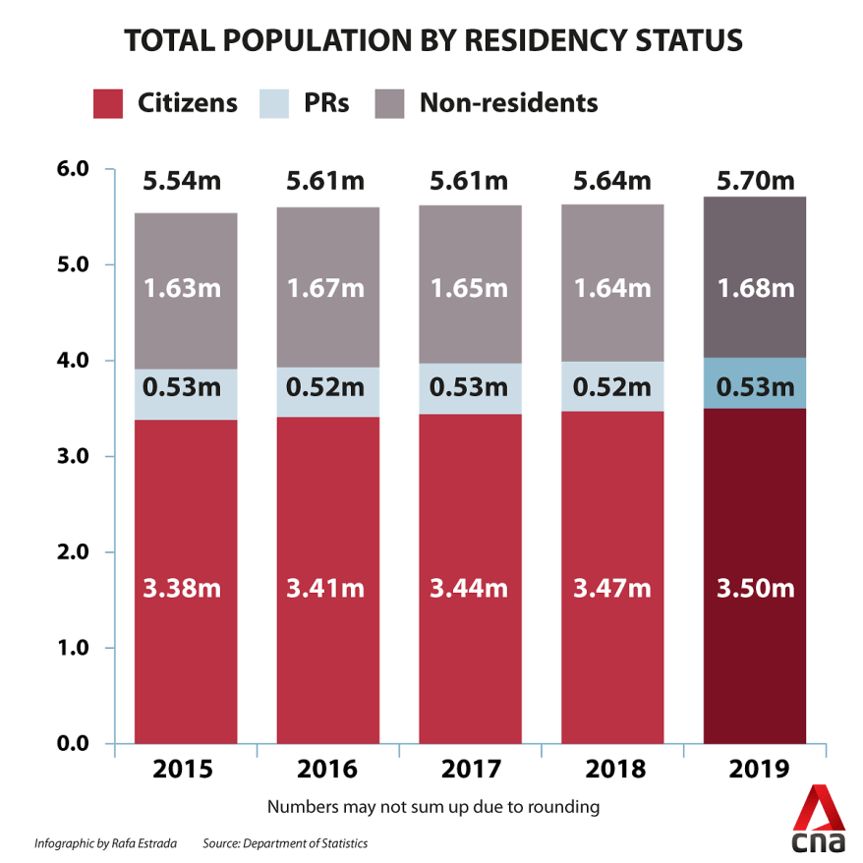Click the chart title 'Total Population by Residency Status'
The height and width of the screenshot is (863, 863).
[431, 41]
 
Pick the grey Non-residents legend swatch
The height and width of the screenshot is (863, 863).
[390, 103]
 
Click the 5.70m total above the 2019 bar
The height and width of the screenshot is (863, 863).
[756, 181]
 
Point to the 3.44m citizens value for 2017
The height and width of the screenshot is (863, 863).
[469, 589]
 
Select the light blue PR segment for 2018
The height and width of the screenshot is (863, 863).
[612, 386]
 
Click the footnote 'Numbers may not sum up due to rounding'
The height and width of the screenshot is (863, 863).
[433, 808]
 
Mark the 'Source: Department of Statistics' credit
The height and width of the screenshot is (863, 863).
[285, 843]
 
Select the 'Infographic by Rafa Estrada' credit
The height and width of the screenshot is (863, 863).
[103, 843]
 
